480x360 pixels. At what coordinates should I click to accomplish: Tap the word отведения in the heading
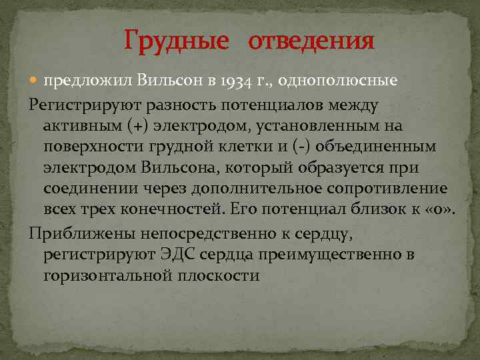(x=311, y=41)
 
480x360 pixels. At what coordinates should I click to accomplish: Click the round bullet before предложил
(x=35, y=81)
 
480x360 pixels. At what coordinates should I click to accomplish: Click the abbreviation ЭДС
(x=177, y=255)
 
